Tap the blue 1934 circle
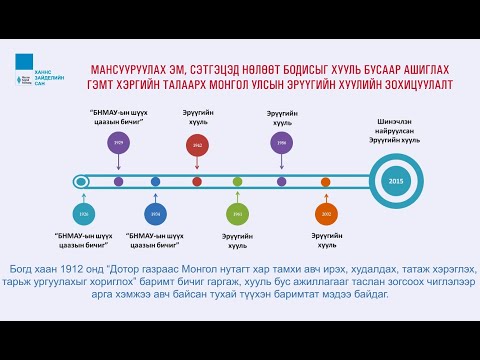coord(155,214)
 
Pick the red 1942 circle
coord(198,146)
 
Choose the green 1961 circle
coord(237,214)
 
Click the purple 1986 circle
coord(281,144)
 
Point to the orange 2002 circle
coord(325,214)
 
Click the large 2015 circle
coord(396,181)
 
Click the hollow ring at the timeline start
coord(81,181)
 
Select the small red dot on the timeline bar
coord(198,181)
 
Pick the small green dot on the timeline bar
coord(237,181)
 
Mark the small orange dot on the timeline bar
coord(325,181)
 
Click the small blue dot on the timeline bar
coord(155,181)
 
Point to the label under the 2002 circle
coord(325,241)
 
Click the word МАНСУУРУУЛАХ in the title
coord(133,69)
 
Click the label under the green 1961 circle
coord(237,241)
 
